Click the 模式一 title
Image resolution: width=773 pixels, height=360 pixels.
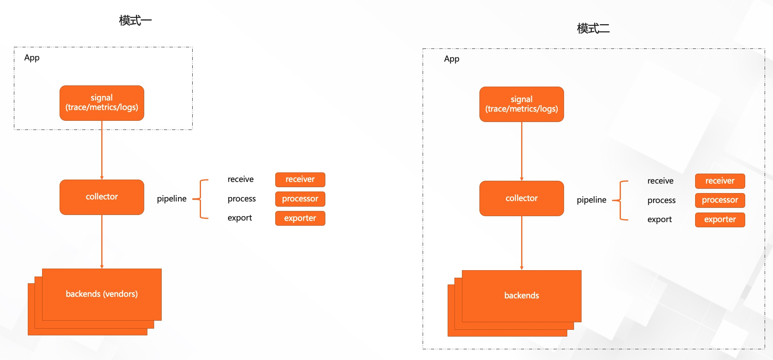tap(135, 21)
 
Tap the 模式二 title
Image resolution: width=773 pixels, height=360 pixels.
tap(593, 28)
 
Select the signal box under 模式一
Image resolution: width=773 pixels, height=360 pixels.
tap(102, 103)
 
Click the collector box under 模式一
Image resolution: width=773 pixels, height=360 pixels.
tap(102, 197)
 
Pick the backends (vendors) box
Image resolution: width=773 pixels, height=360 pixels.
tap(102, 294)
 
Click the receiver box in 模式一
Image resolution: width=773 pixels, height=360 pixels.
tap(300, 180)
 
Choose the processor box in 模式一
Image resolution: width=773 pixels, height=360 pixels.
tap(300, 199)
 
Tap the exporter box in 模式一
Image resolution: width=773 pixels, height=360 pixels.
tap(300, 218)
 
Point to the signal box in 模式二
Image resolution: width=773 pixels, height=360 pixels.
tap(522, 104)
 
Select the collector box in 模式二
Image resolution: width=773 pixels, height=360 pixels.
tap(522, 198)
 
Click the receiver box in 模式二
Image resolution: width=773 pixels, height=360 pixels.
tap(720, 181)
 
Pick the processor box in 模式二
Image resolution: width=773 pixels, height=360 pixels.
tap(720, 200)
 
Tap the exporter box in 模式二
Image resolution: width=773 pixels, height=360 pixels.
tap(720, 220)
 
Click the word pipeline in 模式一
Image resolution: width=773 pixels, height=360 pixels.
tap(172, 199)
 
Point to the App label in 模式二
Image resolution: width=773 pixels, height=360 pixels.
tap(452, 59)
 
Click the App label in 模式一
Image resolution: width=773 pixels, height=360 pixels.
tap(32, 58)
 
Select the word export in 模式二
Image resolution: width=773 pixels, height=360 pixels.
tap(659, 219)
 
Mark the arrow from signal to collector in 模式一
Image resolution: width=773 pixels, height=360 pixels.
tap(102, 150)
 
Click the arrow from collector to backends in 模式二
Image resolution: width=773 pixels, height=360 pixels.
tap(522, 243)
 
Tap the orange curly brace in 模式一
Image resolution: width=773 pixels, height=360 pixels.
tap(200, 199)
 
